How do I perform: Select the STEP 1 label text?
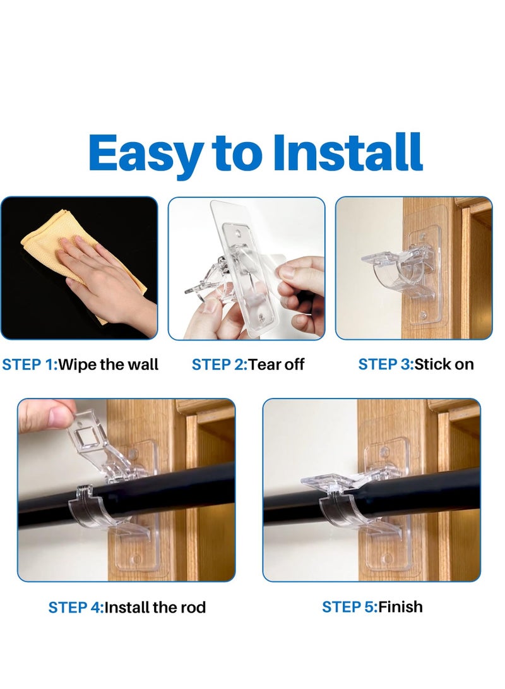(29, 364)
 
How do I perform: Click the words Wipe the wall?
(108, 364)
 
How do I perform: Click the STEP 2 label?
(218, 364)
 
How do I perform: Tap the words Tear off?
(276, 364)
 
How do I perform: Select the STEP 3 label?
(385, 364)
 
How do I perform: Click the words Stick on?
(444, 364)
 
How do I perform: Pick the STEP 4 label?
(76, 608)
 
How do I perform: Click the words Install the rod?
(155, 608)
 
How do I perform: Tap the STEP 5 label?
(349, 607)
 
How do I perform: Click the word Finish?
(400, 607)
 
